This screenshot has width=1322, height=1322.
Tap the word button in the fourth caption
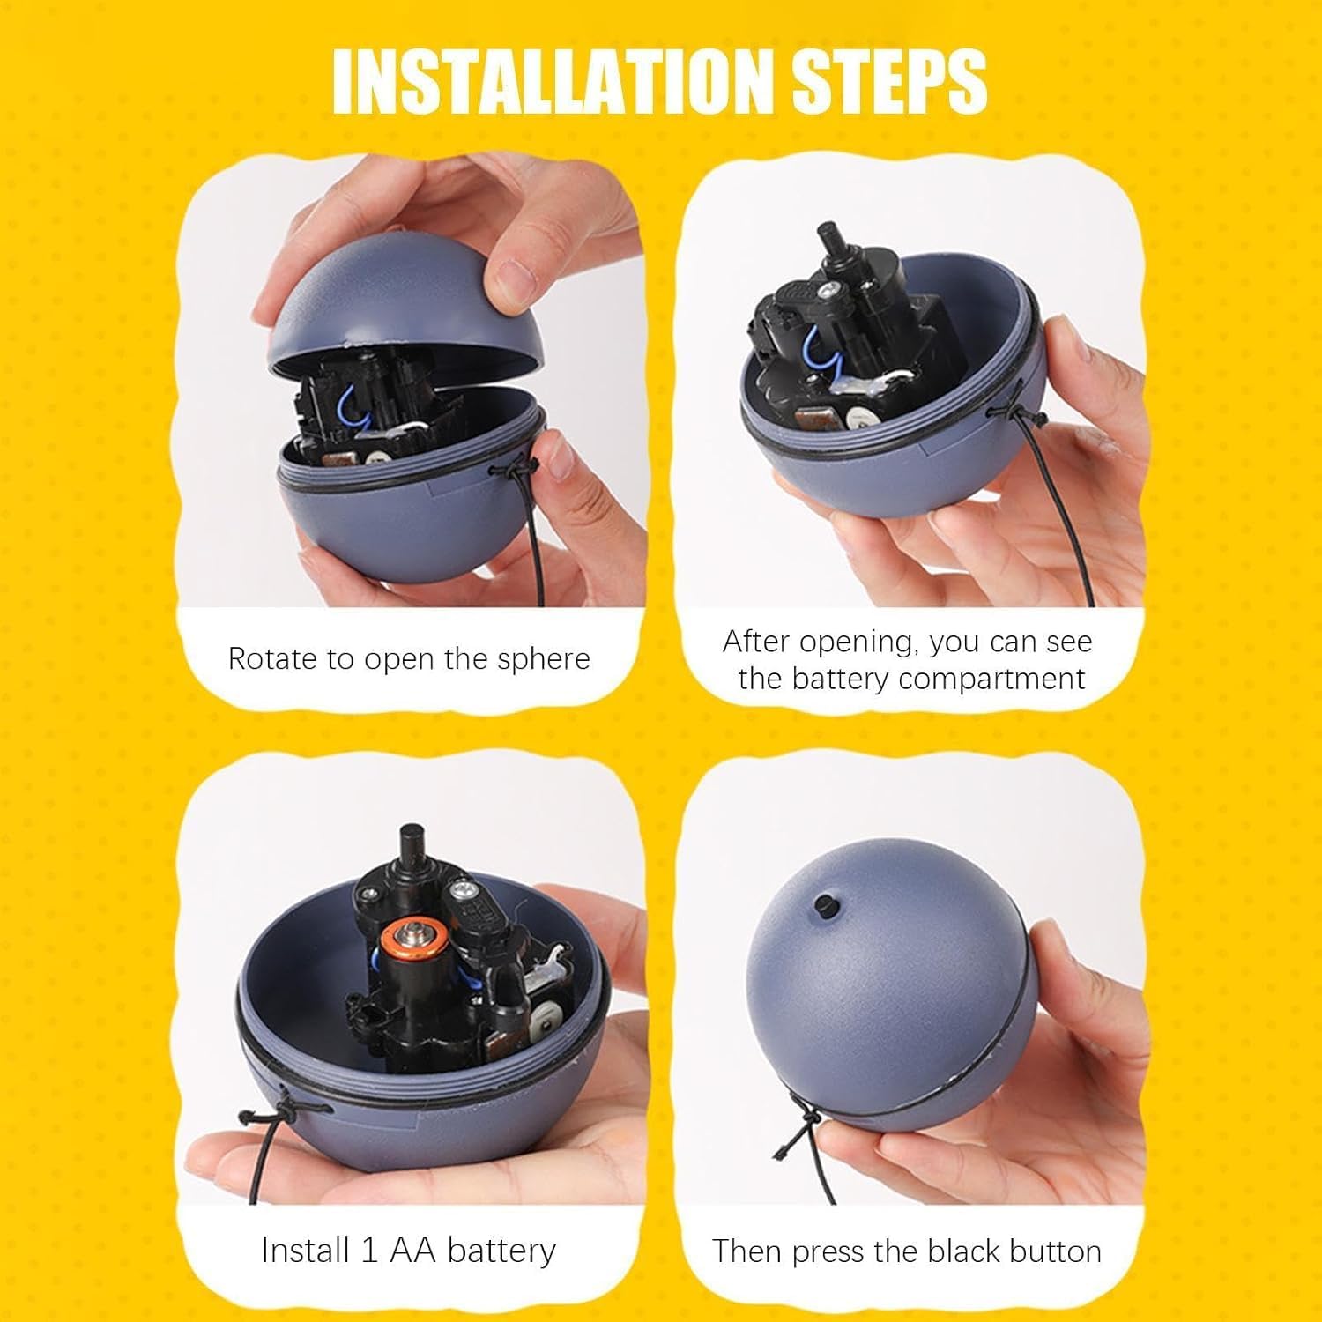1055,1251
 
